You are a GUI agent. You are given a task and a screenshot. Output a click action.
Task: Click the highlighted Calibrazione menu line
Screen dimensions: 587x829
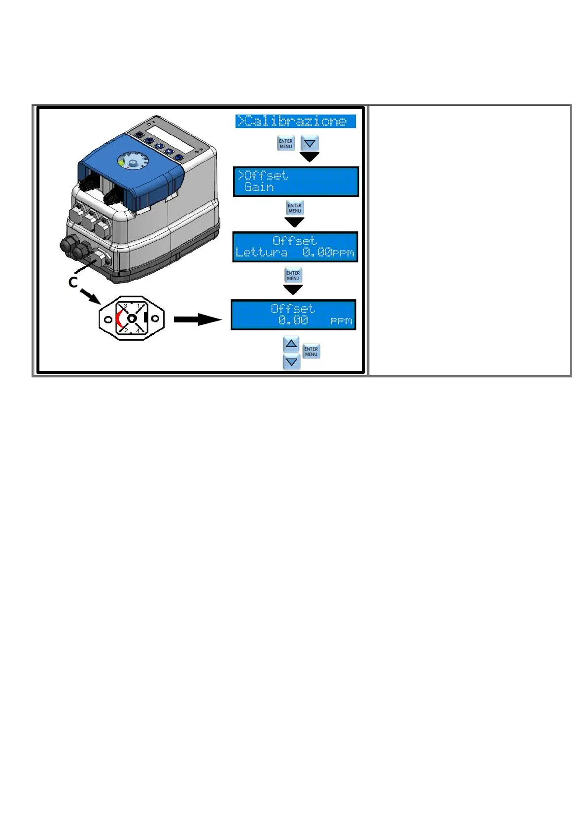pyautogui.click(x=295, y=121)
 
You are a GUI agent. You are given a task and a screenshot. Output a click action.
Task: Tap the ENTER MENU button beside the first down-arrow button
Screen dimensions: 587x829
pyautogui.click(x=286, y=144)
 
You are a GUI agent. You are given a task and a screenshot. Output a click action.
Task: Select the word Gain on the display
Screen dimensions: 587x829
pyautogui.click(x=259, y=187)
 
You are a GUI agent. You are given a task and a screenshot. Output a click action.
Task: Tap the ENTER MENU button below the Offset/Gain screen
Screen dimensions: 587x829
pyautogui.click(x=295, y=208)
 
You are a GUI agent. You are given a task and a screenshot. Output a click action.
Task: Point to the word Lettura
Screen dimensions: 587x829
pyautogui.click(x=262, y=253)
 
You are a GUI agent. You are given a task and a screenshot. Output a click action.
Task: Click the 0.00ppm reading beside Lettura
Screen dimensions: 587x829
pyautogui.click(x=328, y=253)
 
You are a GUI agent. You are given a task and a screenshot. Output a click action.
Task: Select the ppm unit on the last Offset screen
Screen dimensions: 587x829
pyautogui.click(x=341, y=321)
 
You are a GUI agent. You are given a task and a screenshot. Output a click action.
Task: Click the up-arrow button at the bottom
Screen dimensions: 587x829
pyautogui.click(x=292, y=344)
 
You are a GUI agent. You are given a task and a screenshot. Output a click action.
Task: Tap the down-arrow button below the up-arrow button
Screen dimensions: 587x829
pyautogui.click(x=292, y=362)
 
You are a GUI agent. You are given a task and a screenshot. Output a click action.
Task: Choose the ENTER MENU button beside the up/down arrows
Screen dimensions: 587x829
pyautogui.click(x=311, y=351)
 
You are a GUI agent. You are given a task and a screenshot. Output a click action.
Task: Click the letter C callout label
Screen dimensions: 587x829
pyautogui.click(x=73, y=282)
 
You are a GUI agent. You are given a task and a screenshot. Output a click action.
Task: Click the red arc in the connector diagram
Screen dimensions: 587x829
pyautogui.click(x=118, y=319)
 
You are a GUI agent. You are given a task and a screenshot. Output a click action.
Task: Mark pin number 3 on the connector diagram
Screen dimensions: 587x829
pyautogui.click(x=125, y=306)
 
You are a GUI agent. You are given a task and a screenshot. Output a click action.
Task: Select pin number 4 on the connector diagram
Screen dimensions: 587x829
pyautogui.click(x=138, y=331)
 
